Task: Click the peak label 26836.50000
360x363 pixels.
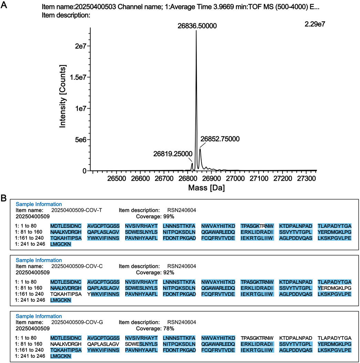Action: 197,26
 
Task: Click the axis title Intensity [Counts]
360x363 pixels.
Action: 63,96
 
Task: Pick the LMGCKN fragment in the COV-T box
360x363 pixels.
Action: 61,244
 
